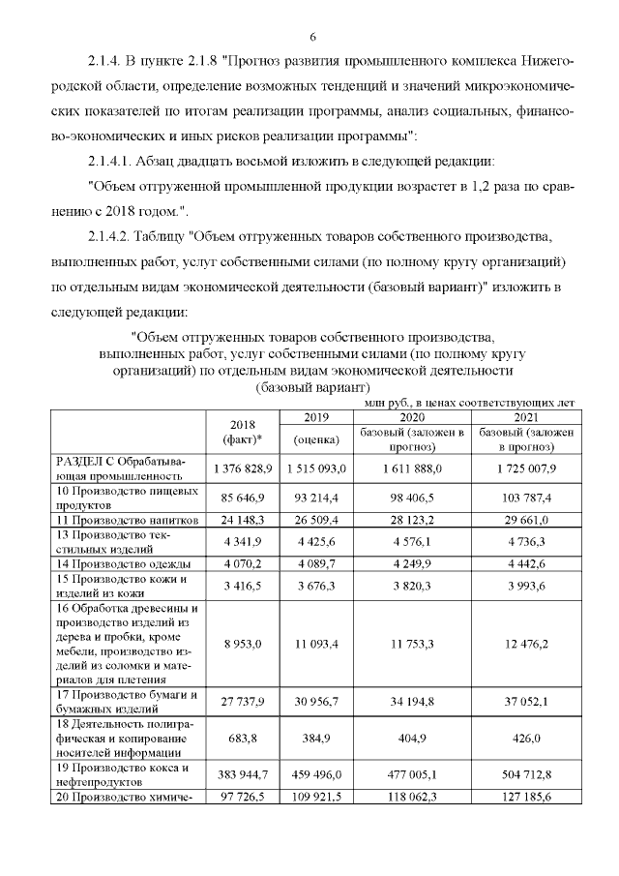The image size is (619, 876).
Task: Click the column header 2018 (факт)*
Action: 244,433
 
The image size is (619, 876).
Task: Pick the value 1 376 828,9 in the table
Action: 244,468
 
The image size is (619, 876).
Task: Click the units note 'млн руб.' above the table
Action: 387,401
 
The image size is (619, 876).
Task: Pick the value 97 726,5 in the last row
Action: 244,797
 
